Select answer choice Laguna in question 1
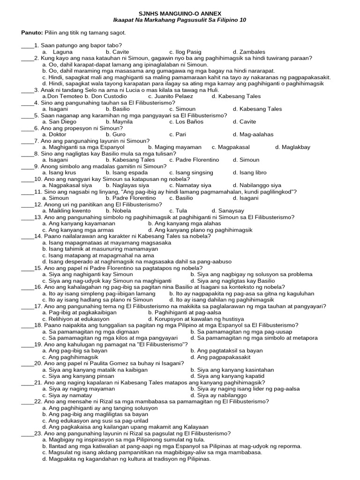[x=63, y=52]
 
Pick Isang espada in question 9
[x=129, y=172]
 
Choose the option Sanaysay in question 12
[x=227, y=211]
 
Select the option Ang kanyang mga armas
[x=81, y=230]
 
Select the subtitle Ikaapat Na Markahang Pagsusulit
[x=159, y=21]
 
